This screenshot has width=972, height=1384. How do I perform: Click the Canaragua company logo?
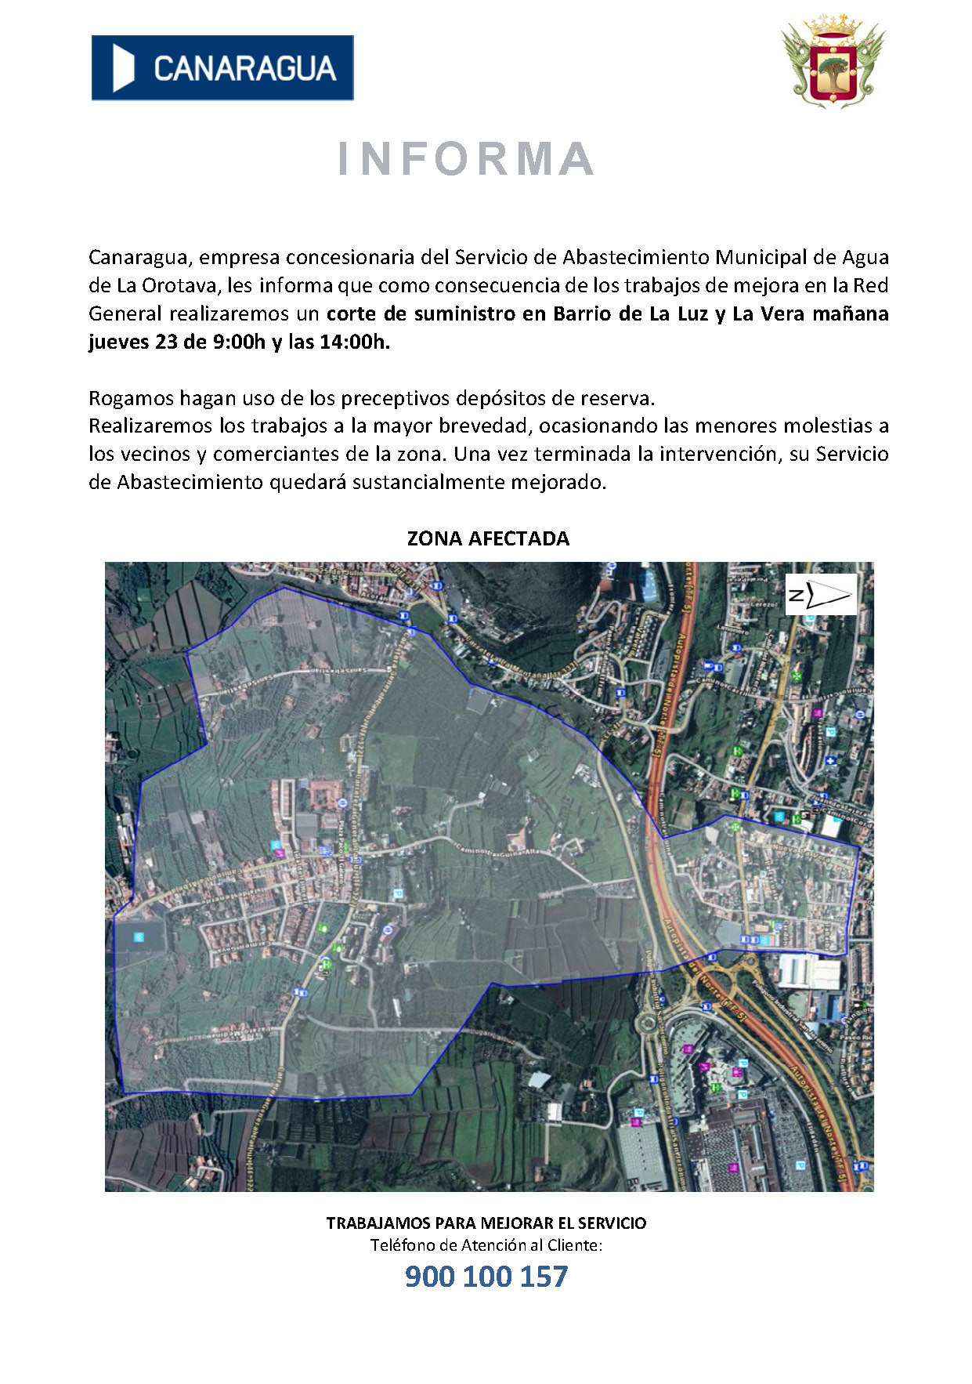222,68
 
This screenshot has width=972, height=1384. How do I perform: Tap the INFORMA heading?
466,158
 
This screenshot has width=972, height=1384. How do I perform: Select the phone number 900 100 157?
486,1277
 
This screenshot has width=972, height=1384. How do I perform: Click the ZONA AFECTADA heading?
488,538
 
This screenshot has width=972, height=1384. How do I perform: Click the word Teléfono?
403,1245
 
